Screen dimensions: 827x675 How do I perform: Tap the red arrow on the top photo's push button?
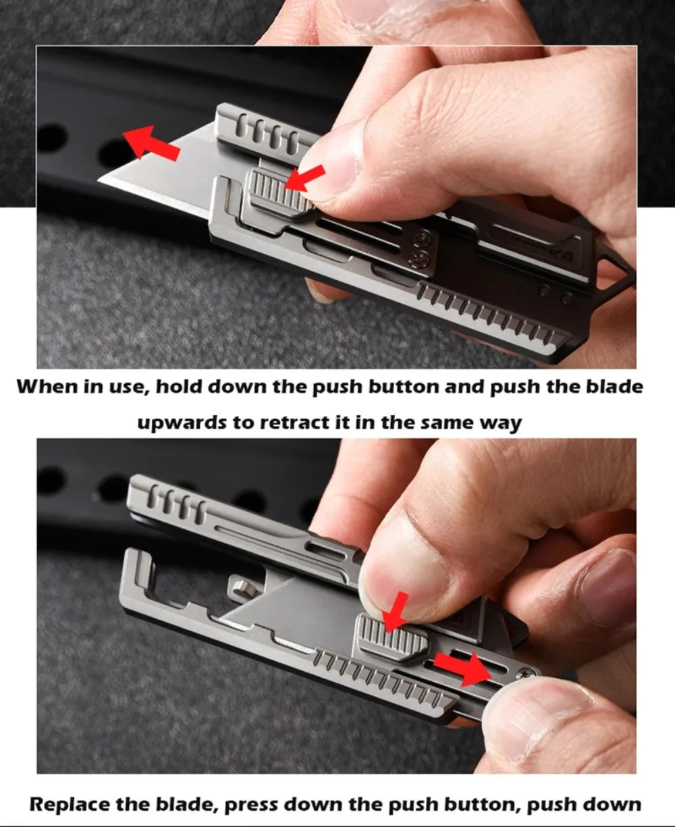[x=304, y=179]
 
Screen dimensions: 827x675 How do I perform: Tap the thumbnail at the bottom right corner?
[x=540, y=709]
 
